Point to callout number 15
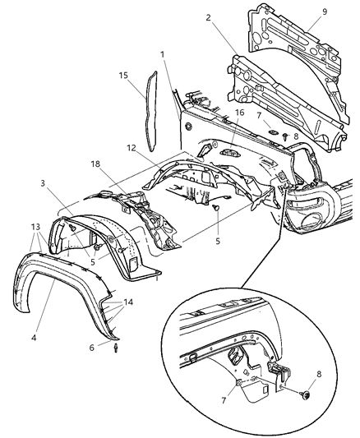(x=124, y=75)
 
